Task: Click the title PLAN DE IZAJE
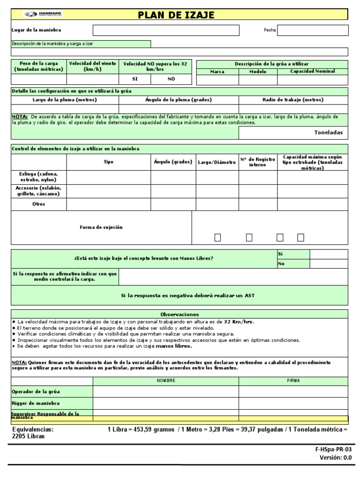pos(176,15)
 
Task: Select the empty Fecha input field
pos(313,30)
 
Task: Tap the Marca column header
pos(217,72)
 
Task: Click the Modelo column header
pos(258,72)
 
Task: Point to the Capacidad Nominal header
pos(313,71)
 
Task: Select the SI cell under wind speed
pos(135,79)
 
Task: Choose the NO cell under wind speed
pos(171,79)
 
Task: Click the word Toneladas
pos(328,133)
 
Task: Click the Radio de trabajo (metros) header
pos(293,100)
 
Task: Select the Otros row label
pos(39,204)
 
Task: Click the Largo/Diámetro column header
pos(217,162)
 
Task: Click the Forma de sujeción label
pos(101,227)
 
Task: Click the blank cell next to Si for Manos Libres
pos(329,254)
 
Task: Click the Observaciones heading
pos(180,314)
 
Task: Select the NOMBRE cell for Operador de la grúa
pos(166,391)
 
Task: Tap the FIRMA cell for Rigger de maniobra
pos(293,403)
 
